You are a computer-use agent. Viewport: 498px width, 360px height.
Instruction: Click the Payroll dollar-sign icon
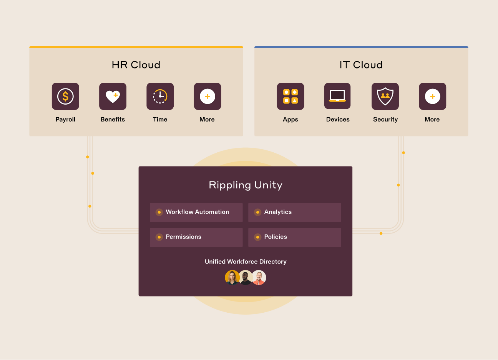coord(65,97)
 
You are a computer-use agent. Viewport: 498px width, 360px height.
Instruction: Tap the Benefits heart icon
coord(113,97)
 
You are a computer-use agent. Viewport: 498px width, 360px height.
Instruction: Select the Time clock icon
coord(160,97)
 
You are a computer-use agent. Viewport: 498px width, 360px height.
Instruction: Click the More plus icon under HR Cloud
coord(207,97)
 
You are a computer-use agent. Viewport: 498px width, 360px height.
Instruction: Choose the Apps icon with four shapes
coord(290,97)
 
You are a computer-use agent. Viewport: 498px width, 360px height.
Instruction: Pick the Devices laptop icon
coord(337,97)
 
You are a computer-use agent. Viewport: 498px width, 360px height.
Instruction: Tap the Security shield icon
coord(385,97)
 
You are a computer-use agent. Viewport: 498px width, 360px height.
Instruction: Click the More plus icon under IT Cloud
coord(432,97)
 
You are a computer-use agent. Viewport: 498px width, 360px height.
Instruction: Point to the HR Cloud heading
coord(136,65)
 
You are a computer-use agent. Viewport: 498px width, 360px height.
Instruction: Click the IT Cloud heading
coord(361,65)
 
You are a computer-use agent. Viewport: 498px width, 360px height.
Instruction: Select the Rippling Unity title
coord(246,185)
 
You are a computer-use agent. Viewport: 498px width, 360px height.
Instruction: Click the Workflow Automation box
coord(196,212)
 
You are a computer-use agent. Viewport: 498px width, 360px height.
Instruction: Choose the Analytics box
coord(295,212)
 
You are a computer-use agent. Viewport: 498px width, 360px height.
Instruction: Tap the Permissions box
coord(196,237)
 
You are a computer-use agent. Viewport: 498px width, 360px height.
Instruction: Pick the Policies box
coord(295,237)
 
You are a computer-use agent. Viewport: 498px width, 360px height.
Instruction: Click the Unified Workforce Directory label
coord(246,262)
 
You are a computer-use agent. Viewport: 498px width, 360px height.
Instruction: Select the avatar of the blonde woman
coord(232,277)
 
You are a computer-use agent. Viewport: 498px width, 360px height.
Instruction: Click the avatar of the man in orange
coord(259,277)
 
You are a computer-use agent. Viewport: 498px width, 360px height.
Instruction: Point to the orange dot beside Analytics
coord(257,212)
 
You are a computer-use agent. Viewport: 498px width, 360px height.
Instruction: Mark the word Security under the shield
coord(385,120)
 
